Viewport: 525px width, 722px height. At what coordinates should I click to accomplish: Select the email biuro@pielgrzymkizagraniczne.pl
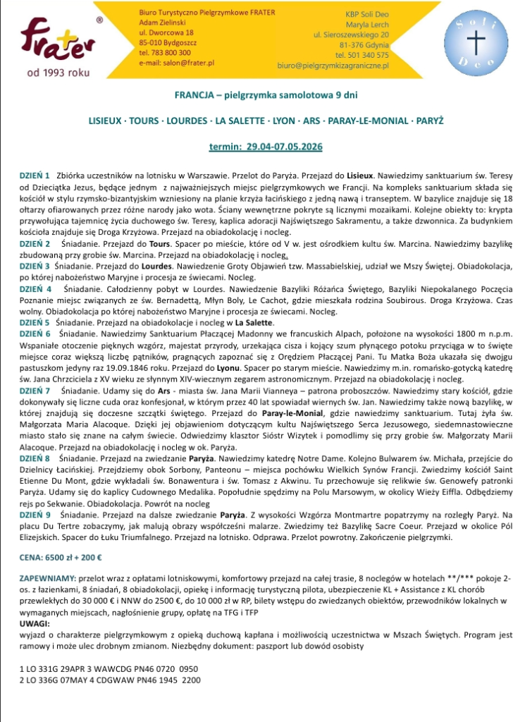click(x=333, y=65)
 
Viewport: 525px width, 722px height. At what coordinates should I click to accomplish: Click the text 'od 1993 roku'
click(x=54, y=73)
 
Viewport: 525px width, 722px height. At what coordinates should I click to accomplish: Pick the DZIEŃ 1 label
click(x=35, y=173)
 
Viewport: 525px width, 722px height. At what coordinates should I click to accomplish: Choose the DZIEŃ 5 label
click(x=35, y=320)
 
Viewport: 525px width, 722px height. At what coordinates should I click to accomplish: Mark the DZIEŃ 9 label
click(x=35, y=496)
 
